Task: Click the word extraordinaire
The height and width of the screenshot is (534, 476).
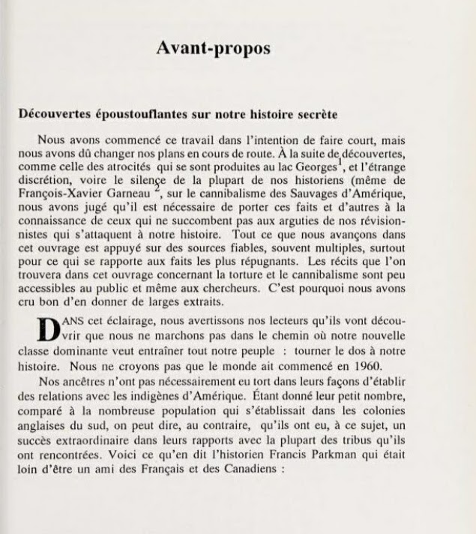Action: click(130, 441)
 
